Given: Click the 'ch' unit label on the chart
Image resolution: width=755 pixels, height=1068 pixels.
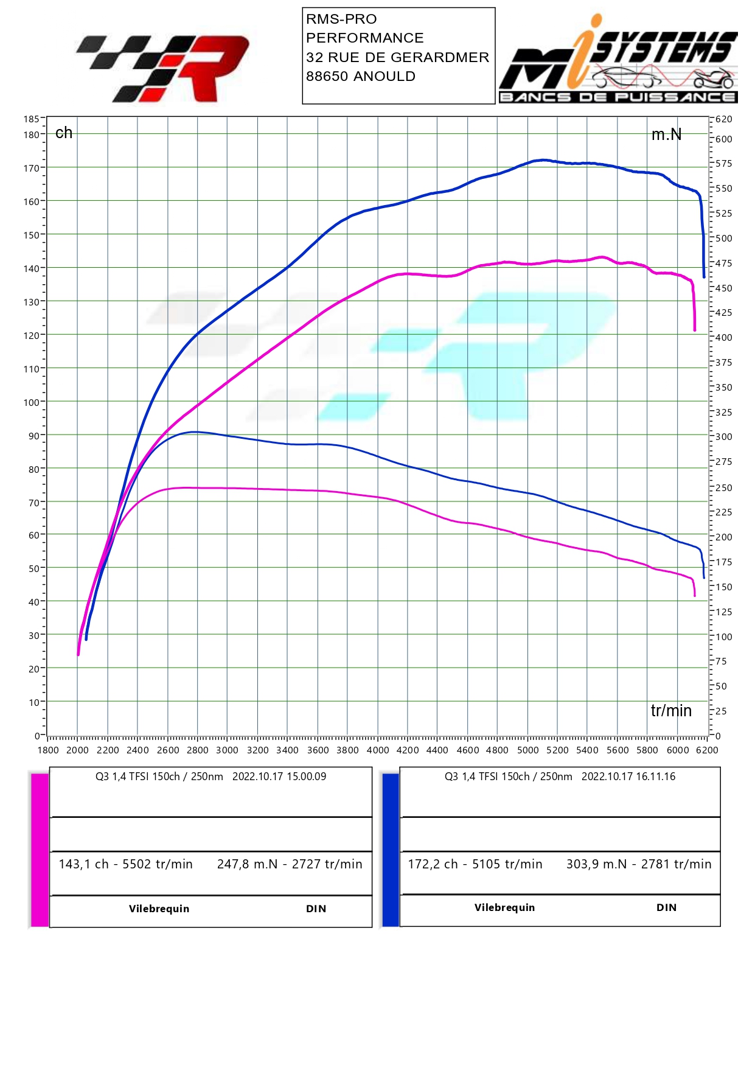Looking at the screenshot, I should pos(63,133).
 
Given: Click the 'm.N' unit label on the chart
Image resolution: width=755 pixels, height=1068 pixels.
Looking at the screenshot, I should pos(666,134).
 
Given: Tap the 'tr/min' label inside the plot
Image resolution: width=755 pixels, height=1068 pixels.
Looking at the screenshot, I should pos(671,710).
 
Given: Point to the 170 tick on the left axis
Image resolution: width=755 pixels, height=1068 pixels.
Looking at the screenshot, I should pos(31,168).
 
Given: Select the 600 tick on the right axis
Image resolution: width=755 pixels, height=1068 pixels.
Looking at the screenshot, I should pos(723,139).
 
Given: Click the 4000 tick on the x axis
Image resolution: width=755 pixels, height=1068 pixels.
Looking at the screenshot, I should pos(377,750).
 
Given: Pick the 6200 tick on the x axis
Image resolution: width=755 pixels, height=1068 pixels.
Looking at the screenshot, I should pos(707,750).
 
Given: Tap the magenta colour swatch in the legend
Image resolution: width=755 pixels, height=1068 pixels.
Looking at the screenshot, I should pos(40,850).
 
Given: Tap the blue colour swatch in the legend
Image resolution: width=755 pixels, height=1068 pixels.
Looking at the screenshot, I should pos(390,850).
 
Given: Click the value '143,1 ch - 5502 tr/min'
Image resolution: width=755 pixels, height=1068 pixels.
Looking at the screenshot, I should pos(125,864).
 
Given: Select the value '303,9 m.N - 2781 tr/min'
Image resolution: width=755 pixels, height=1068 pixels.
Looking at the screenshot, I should pos(638,864).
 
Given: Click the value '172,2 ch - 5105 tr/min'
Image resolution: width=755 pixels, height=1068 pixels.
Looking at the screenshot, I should pos(475,864).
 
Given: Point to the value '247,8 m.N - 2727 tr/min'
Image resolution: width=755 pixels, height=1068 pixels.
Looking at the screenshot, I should pos(290,864).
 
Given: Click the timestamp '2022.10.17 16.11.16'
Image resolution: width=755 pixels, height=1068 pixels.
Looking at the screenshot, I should pos(628,777).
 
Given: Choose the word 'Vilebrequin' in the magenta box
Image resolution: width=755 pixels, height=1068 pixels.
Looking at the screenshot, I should pos(159,909).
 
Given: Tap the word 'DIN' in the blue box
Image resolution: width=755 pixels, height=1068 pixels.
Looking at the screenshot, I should pos(666,907).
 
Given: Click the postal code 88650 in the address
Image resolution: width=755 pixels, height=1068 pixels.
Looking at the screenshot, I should pos(327,77).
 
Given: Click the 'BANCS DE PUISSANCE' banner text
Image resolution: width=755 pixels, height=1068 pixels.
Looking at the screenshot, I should pos(618,97).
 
